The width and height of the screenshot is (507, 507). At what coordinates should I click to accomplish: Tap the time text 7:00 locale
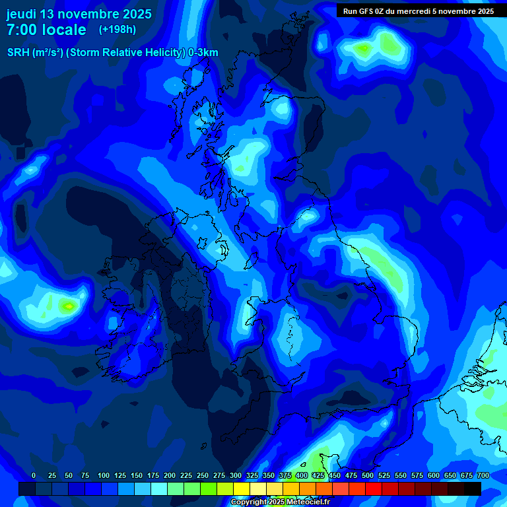[x=46, y=30]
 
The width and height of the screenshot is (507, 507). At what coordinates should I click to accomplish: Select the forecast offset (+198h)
[x=118, y=30]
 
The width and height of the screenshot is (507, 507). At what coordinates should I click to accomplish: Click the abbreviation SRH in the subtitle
[x=18, y=53]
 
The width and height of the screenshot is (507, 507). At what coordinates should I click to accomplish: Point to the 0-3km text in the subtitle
[x=203, y=53]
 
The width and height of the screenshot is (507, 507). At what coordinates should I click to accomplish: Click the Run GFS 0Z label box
[x=419, y=11]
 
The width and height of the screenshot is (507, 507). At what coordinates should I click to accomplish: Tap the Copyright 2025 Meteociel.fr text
[x=280, y=502]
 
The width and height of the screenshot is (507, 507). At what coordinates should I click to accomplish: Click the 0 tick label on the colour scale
[x=34, y=475]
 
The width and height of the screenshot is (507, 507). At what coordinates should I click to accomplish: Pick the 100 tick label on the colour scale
[x=104, y=475]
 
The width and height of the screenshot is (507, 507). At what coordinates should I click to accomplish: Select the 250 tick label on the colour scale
[x=203, y=475]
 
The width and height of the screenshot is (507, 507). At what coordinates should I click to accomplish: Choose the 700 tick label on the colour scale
[x=483, y=475]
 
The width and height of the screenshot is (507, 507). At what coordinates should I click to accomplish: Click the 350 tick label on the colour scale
[x=269, y=475]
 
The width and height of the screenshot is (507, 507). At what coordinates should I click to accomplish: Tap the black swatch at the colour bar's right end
[x=472, y=489]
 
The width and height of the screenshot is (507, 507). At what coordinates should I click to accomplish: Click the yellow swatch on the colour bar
[x=241, y=489]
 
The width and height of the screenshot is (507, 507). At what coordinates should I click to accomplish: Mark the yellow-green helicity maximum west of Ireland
[x=68, y=306]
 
